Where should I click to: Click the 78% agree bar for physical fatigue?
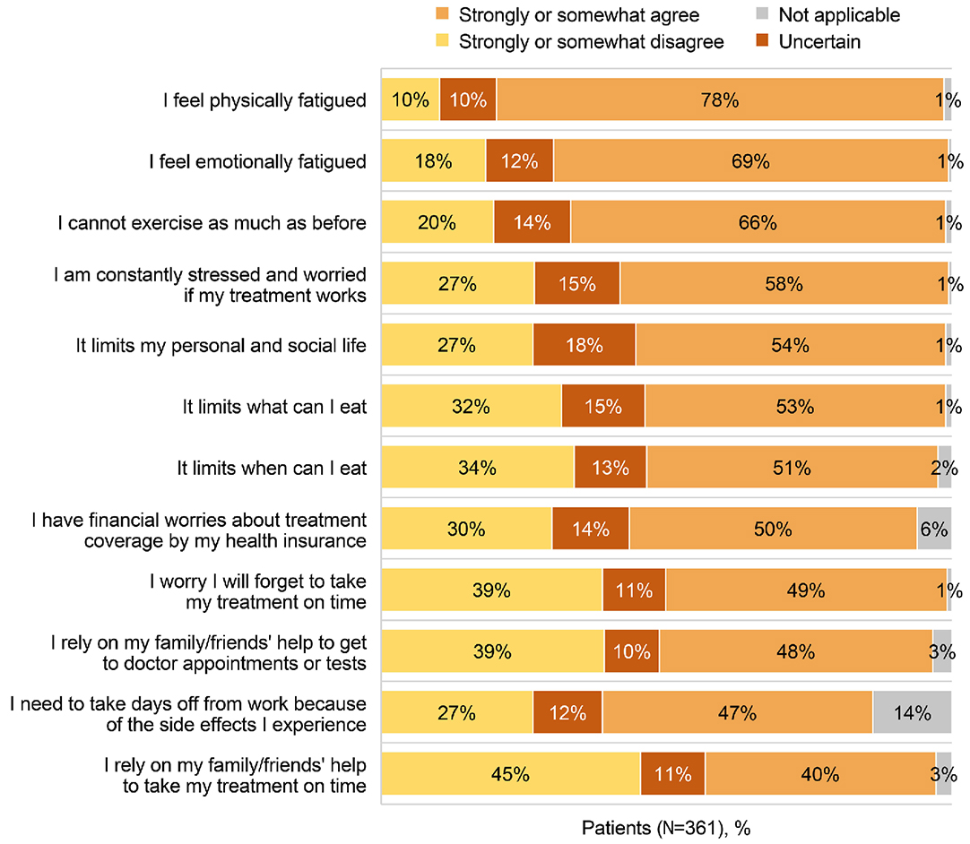[720, 100]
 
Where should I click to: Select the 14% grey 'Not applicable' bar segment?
[912, 713]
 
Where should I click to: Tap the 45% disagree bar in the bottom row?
[510, 774]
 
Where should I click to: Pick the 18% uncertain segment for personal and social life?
[584, 345]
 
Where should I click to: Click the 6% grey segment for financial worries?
[933, 530]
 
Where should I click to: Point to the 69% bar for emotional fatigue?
[750, 161]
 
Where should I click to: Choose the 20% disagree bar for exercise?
[437, 222]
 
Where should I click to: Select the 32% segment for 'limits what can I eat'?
[471, 407]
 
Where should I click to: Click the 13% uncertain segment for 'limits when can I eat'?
[611, 468]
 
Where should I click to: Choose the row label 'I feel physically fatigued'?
[264, 100]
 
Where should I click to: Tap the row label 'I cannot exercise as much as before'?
[212, 222]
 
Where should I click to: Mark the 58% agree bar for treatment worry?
[784, 284]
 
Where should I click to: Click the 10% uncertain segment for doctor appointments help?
[631, 651]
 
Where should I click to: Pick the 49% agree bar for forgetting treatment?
[805, 590]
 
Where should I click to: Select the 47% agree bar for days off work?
[737, 713]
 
